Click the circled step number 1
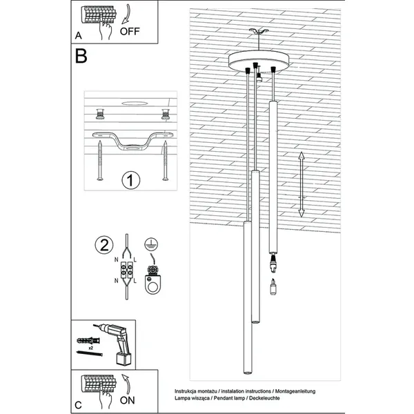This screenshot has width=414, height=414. click(130, 181)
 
